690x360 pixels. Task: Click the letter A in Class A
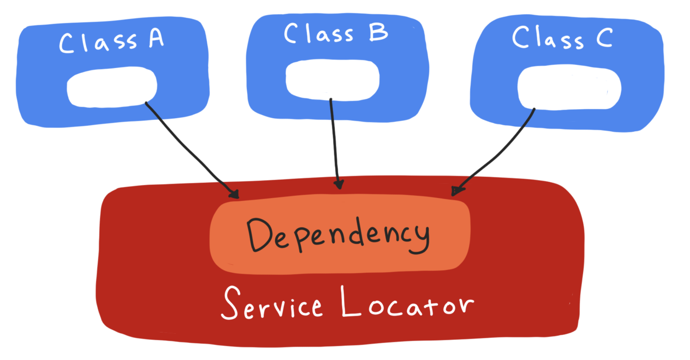[156, 39]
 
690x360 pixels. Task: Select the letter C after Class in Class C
[604, 38]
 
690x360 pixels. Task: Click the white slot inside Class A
[112, 87]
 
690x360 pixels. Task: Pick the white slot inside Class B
[332, 80]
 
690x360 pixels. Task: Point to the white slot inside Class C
[569, 87]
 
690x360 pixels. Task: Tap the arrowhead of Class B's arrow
[339, 185]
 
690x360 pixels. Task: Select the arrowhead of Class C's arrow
[456, 191]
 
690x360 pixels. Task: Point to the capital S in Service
[231, 303]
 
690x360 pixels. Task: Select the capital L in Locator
[350, 302]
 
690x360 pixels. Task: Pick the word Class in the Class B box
[318, 34]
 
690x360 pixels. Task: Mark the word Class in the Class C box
[547, 38]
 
